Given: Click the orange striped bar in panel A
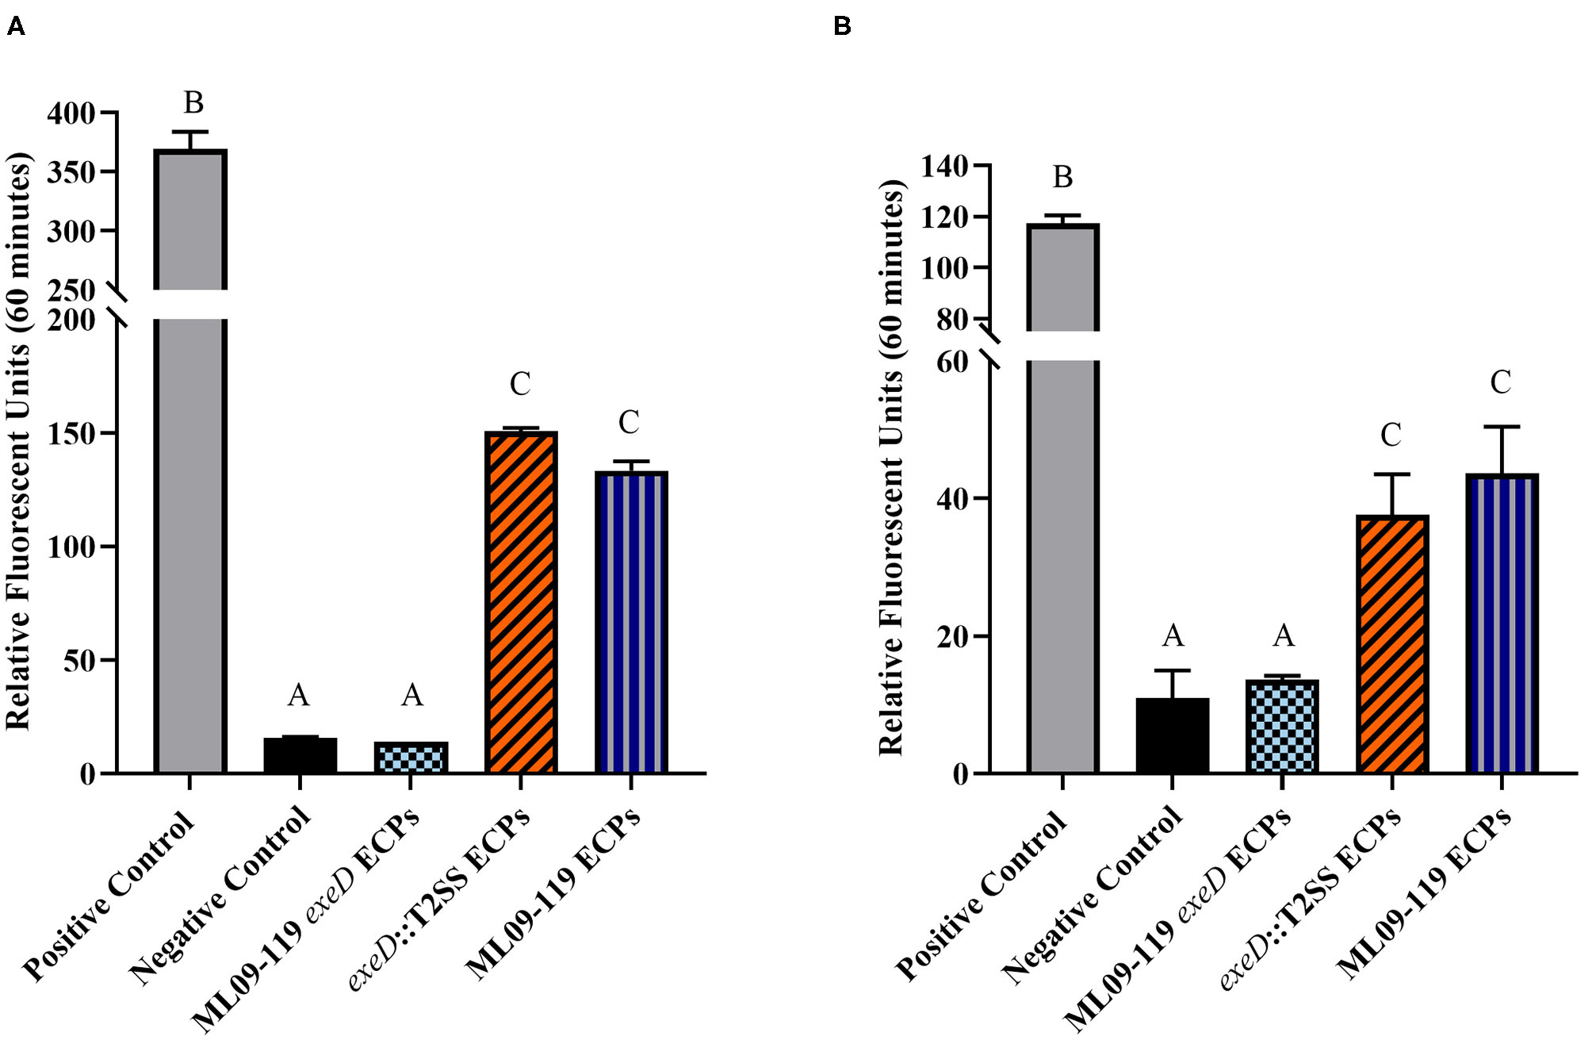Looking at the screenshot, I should point(520,603).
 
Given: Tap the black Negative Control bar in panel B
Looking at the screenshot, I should point(1172,735).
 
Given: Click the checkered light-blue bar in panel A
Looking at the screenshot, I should point(411,758).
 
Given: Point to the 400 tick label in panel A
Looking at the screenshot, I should point(71,114).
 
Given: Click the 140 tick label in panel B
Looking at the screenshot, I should point(944,167).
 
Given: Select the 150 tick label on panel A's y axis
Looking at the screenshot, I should point(71,434).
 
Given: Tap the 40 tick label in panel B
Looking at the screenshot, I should point(953,499).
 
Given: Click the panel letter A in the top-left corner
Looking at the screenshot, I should point(15,27).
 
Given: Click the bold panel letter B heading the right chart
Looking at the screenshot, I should point(842,27).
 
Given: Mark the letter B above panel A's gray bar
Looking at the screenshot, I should point(193,103).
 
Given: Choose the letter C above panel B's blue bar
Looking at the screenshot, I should point(1500,382).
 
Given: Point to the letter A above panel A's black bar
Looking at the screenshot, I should point(298,696).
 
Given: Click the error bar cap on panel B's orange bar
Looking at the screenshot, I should point(1391,474).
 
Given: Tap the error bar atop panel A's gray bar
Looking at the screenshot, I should point(189,133).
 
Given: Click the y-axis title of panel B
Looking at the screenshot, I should point(893,468).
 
